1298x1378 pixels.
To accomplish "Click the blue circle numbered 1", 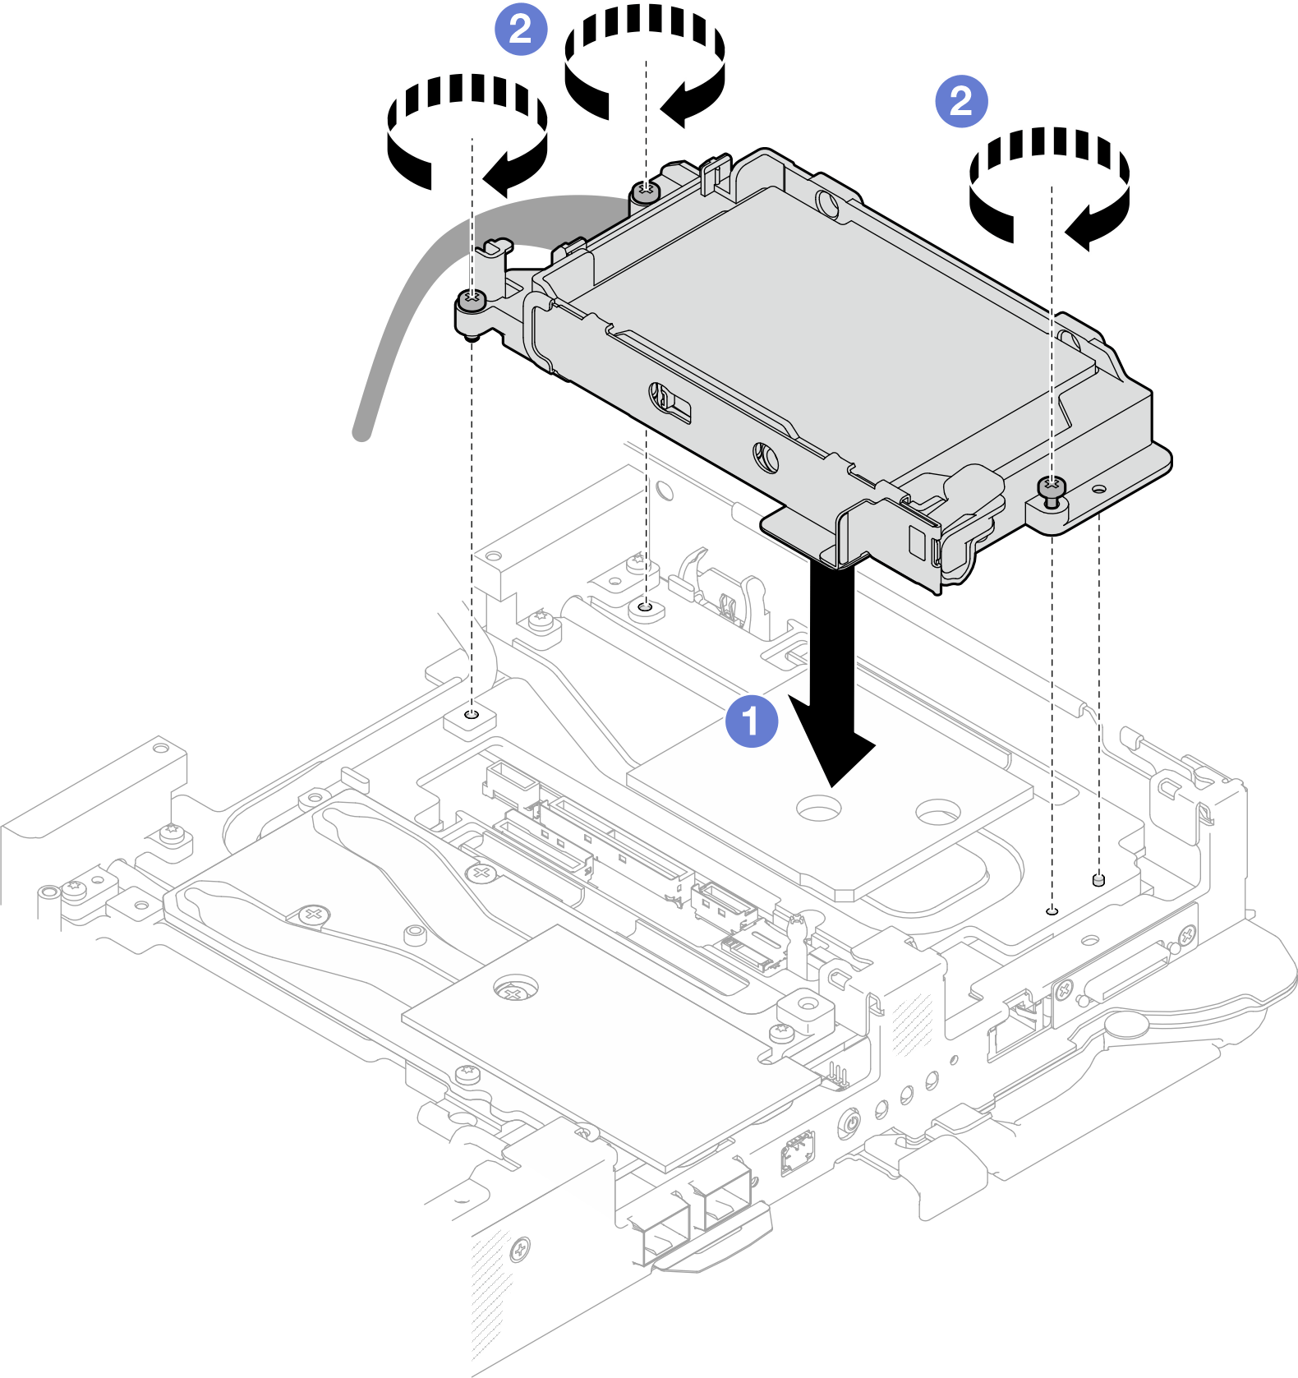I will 752,721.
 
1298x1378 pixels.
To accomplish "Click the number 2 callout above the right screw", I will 961,101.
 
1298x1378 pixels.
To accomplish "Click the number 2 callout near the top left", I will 520,30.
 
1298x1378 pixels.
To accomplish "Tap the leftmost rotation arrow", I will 467,131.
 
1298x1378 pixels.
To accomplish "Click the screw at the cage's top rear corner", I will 646,192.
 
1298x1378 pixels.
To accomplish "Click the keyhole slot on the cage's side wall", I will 667,400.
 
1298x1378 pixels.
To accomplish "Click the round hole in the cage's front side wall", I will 766,456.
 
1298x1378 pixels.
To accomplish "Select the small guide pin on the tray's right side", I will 1098,881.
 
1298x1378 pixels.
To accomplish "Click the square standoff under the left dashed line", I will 471,721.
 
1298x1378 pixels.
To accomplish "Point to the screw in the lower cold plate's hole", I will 514,992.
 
